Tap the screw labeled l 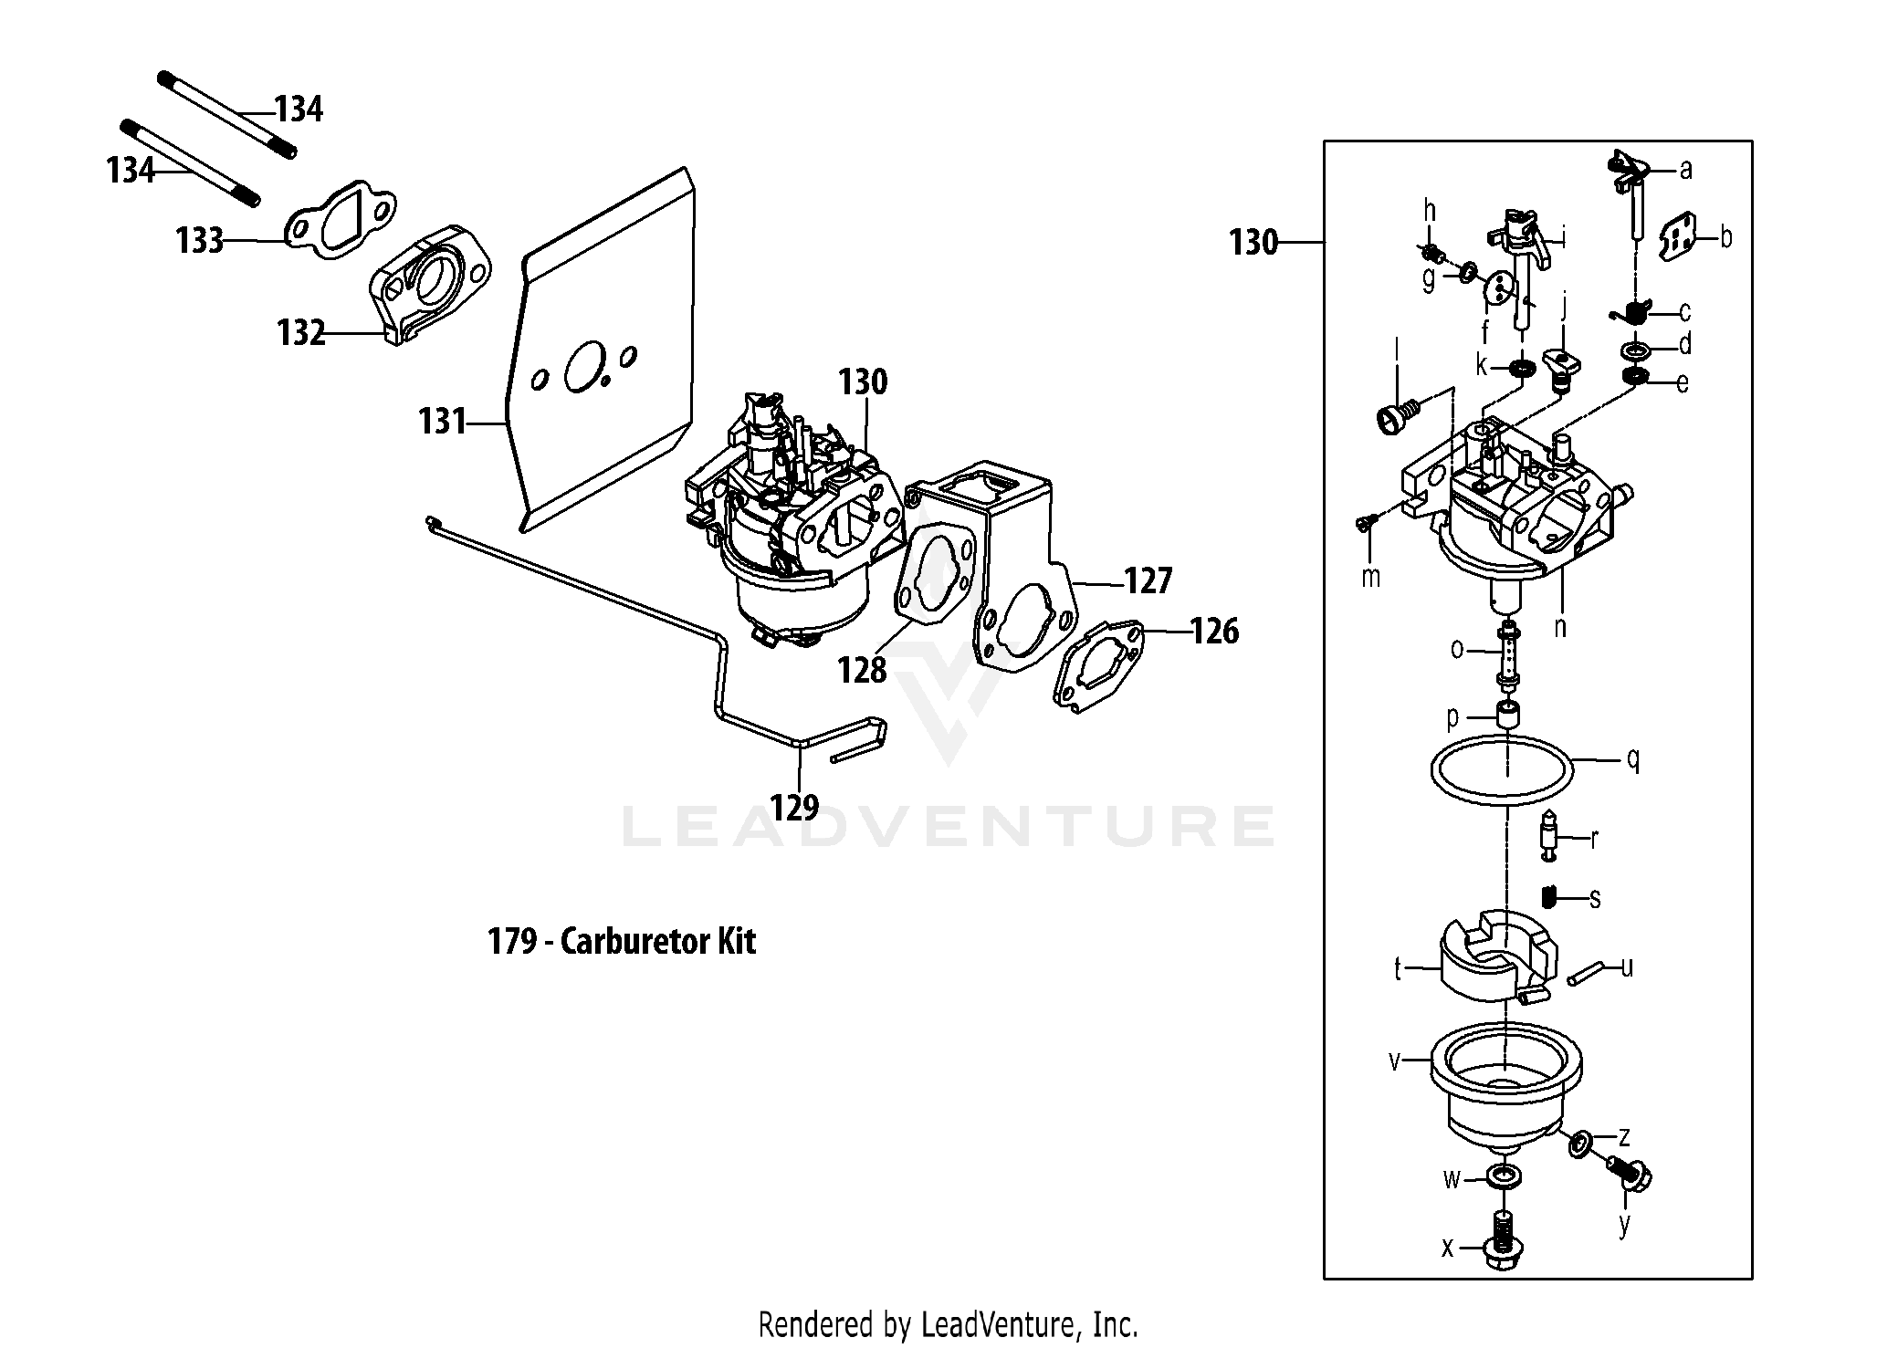tap(1395, 416)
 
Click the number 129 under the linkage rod tap(793, 806)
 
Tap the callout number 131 tap(442, 422)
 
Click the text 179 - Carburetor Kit tap(622, 941)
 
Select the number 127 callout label tap(1148, 580)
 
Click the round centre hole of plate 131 tap(583, 366)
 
